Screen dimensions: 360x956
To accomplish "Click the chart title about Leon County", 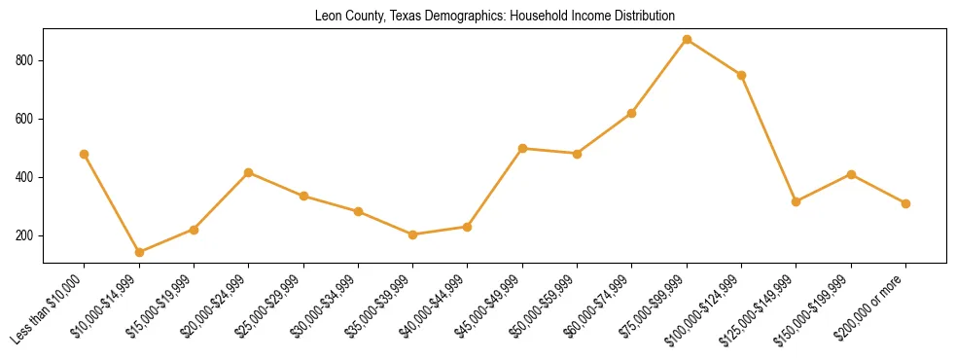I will [x=495, y=17].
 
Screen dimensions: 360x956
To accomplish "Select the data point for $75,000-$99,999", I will [x=687, y=40].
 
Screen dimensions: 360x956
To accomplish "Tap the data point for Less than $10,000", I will [x=85, y=154].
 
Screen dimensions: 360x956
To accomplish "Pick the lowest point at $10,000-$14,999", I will [x=139, y=252].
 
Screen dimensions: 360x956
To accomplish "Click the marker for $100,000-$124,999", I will [x=741, y=75].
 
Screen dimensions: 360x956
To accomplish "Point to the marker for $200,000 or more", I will [x=905, y=203].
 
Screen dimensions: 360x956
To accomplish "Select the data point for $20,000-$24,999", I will [x=249, y=172].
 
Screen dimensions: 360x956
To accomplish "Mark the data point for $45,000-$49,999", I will [x=522, y=148].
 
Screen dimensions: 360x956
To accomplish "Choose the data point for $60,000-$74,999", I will [x=632, y=113].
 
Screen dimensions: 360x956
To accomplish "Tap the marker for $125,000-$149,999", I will [x=797, y=201].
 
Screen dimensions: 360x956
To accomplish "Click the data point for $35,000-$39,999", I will [x=413, y=234].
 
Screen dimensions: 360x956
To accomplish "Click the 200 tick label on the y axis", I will [x=29, y=235].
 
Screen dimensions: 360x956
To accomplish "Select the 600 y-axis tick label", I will [x=29, y=119].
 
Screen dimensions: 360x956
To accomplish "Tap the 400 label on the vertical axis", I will [x=29, y=177].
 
